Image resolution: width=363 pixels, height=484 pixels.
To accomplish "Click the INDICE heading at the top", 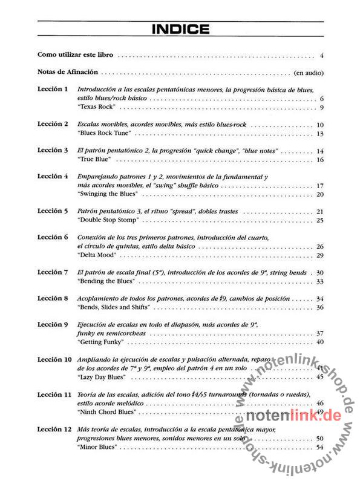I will point(181,29).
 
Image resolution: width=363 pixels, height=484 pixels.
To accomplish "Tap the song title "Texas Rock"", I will point(96,108).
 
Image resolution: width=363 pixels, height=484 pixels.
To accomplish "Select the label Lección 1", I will point(53,90).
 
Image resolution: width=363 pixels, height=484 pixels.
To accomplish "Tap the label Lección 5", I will point(53,211).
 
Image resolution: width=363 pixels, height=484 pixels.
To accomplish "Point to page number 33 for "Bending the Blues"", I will point(321,281).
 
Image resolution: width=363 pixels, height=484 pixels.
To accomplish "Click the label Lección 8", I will point(53,298).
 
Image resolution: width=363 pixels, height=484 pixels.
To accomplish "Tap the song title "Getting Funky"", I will point(100,342).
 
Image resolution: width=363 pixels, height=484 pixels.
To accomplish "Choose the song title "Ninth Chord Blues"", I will point(106,412).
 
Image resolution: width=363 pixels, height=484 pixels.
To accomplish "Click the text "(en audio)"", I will point(309,73).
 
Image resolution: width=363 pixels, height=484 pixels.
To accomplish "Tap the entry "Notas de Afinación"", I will point(67,72).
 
